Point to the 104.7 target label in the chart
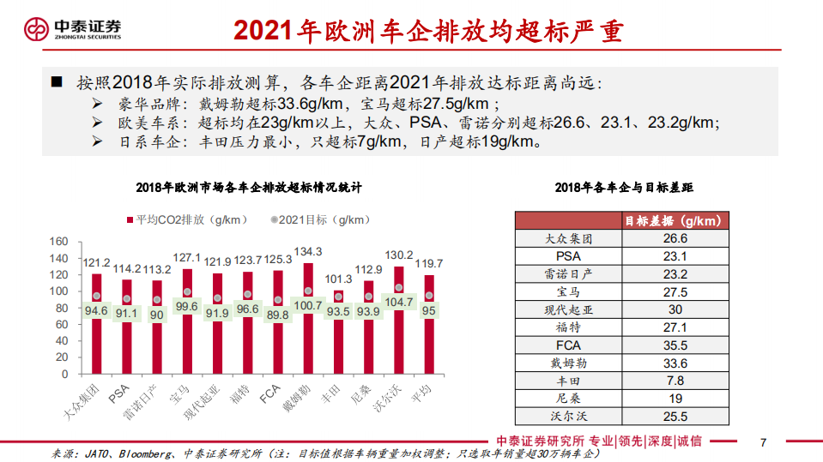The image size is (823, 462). click(400, 303)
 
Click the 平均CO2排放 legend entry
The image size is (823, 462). click(186, 219)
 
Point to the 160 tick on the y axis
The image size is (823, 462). click(58, 242)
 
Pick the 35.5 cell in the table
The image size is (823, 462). click(676, 345)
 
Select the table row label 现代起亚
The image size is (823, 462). click(568, 309)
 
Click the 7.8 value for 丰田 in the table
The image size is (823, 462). click(676, 381)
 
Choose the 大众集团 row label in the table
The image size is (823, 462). click(568, 238)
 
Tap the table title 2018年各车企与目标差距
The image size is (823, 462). click(624, 187)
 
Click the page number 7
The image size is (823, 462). click(763, 442)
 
